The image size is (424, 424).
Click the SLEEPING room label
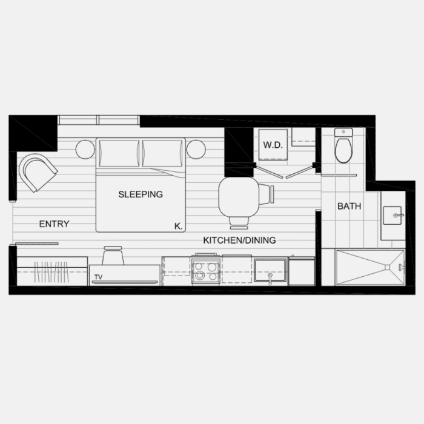tap(140, 194)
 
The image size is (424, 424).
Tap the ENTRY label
tap(54, 224)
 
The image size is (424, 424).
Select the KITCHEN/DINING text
tap(239, 240)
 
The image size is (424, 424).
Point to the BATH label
tap(349, 207)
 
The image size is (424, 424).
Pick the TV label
tap(98, 279)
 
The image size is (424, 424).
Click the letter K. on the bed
tap(178, 226)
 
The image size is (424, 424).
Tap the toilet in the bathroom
tap(343, 149)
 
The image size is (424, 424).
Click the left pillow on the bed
tap(118, 153)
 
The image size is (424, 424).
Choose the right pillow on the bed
tap(162, 153)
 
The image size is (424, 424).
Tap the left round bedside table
tap(85, 149)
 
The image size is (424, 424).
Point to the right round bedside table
tap(196, 149)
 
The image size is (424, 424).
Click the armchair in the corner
tap(37, 172)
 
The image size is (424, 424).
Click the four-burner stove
tap(206, 271)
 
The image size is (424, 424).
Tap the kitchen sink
tap(270, 270)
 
